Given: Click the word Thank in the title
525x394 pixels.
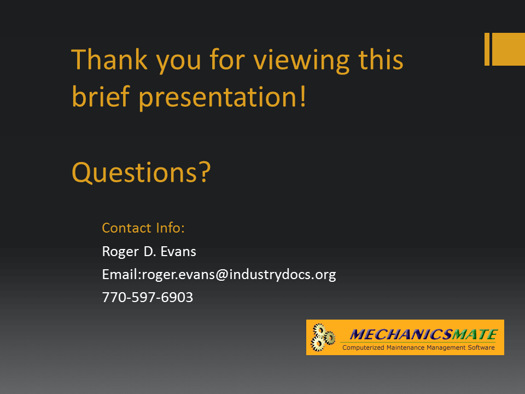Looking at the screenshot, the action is [109, 59].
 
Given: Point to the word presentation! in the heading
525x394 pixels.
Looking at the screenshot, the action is [223, 98].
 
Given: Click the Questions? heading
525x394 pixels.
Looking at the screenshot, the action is [141, 172].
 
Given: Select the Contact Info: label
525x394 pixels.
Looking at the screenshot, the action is [143, 228].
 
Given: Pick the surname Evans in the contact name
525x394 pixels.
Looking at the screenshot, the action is [178, 251].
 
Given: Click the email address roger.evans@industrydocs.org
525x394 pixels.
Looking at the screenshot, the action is [239, 275].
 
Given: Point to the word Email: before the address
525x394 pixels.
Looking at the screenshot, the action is [122, 274].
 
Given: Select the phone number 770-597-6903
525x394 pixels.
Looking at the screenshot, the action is [148, 298].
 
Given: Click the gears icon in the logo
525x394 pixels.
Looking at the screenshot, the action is [323, 338].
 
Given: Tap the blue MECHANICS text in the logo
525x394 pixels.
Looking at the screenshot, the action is [401, 334].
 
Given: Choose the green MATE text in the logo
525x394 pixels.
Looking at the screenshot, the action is [475, 334].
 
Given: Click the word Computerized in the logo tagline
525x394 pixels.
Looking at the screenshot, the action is [363, 348].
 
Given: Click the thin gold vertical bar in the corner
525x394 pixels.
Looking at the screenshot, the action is [487, 49].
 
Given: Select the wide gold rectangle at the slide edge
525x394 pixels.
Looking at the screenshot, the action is [509, 49].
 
